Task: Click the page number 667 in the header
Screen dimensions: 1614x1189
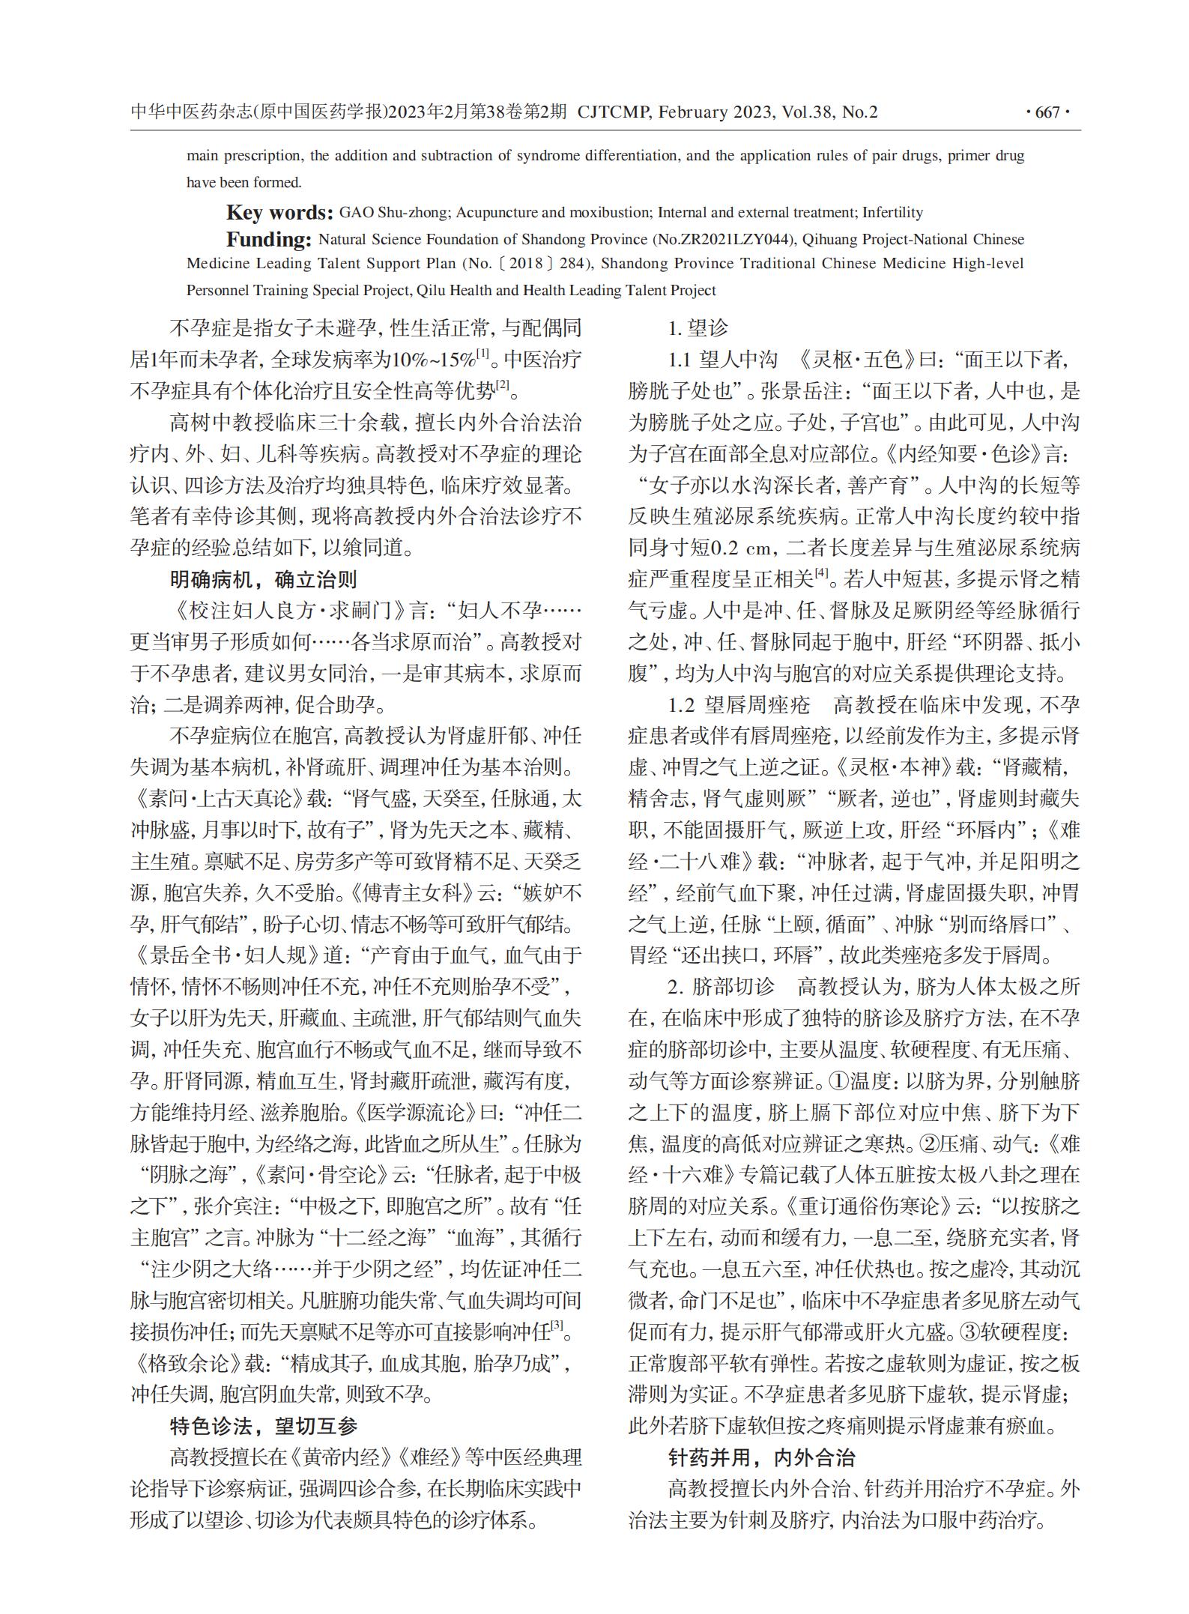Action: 1047,113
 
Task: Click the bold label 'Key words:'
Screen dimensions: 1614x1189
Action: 279,213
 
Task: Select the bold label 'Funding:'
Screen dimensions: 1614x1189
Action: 268,240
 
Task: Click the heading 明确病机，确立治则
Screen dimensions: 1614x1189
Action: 263,579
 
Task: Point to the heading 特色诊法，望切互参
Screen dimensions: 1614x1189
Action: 263,1426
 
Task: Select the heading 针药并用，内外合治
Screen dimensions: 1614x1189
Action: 761,1457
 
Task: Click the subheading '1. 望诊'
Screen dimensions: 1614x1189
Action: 698,328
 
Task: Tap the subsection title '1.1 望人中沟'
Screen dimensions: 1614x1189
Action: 722,360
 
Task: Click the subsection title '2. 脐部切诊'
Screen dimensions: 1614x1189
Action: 721,987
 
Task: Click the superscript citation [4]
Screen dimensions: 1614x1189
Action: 821,573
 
